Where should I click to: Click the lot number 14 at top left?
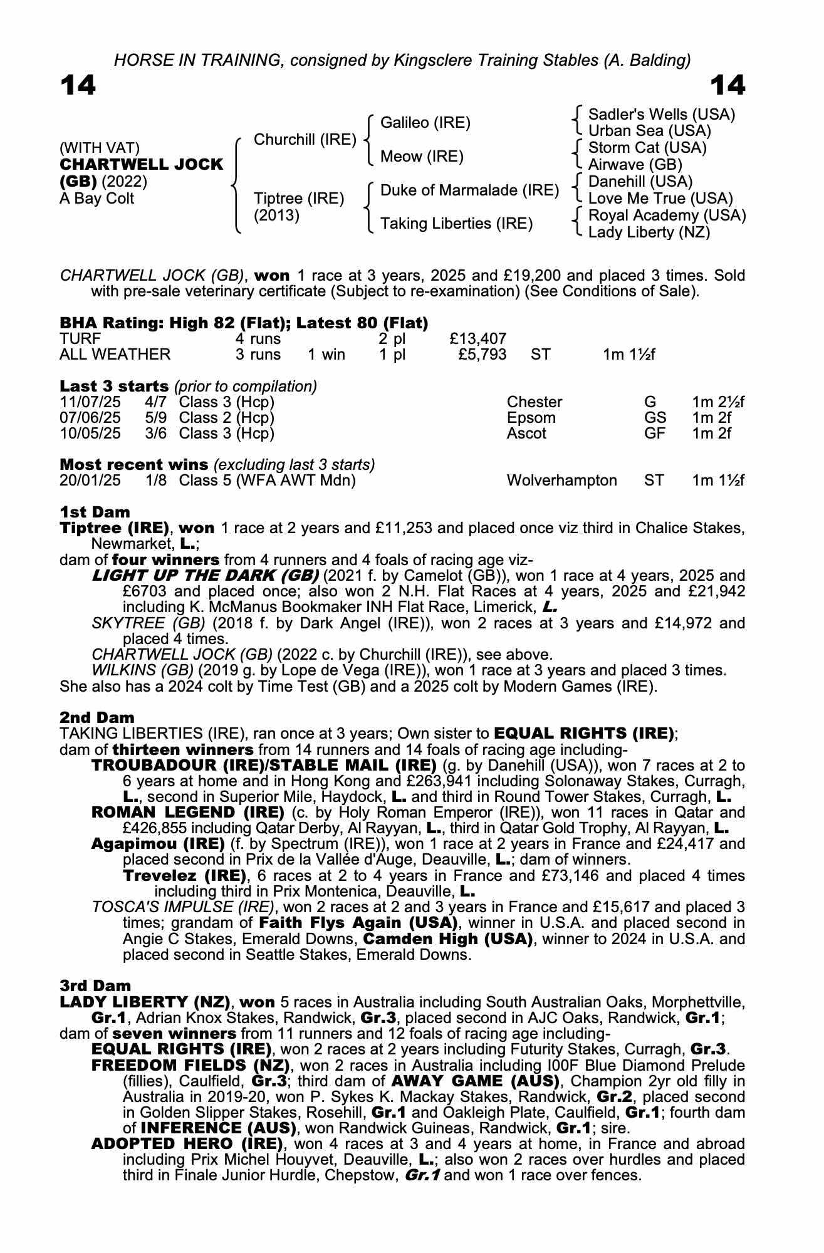[x=78, y=85]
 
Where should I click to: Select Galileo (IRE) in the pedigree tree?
[x=425, y=123]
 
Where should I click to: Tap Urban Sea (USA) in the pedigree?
[x=649, y=131]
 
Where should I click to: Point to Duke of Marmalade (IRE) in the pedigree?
[x=469, y=190]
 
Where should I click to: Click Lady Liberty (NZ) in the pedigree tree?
[x=649, y=232]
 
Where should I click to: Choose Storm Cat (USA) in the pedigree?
[x=647, y=148]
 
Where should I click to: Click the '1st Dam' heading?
[x=95, y=512]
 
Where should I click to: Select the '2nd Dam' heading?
[x=96, y=717]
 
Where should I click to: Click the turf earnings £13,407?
[x=478, y=339]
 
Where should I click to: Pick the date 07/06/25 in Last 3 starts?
[x=90, y=418]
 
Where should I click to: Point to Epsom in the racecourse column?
[x=531, y=418]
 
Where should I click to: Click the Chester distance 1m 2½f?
[x=718, y=402]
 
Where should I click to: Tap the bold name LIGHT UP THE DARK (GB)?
[x=206, y=576]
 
